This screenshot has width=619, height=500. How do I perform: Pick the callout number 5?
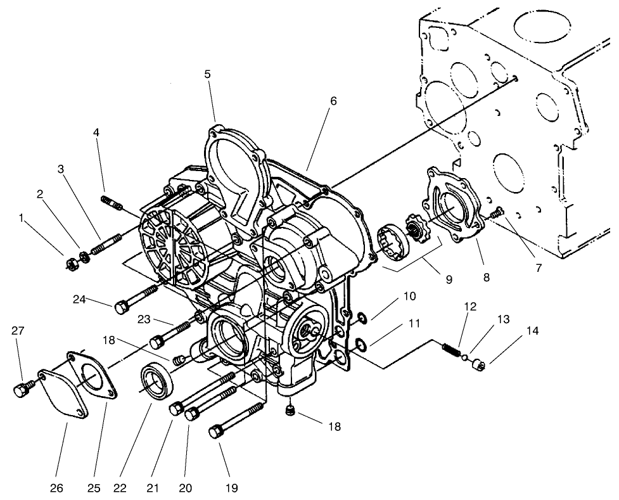207,75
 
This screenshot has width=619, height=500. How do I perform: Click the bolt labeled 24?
136,299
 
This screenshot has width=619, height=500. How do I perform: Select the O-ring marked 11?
359,344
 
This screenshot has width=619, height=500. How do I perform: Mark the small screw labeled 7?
496,213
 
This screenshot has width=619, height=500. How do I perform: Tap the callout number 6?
333,101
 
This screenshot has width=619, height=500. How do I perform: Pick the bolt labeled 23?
172,334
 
